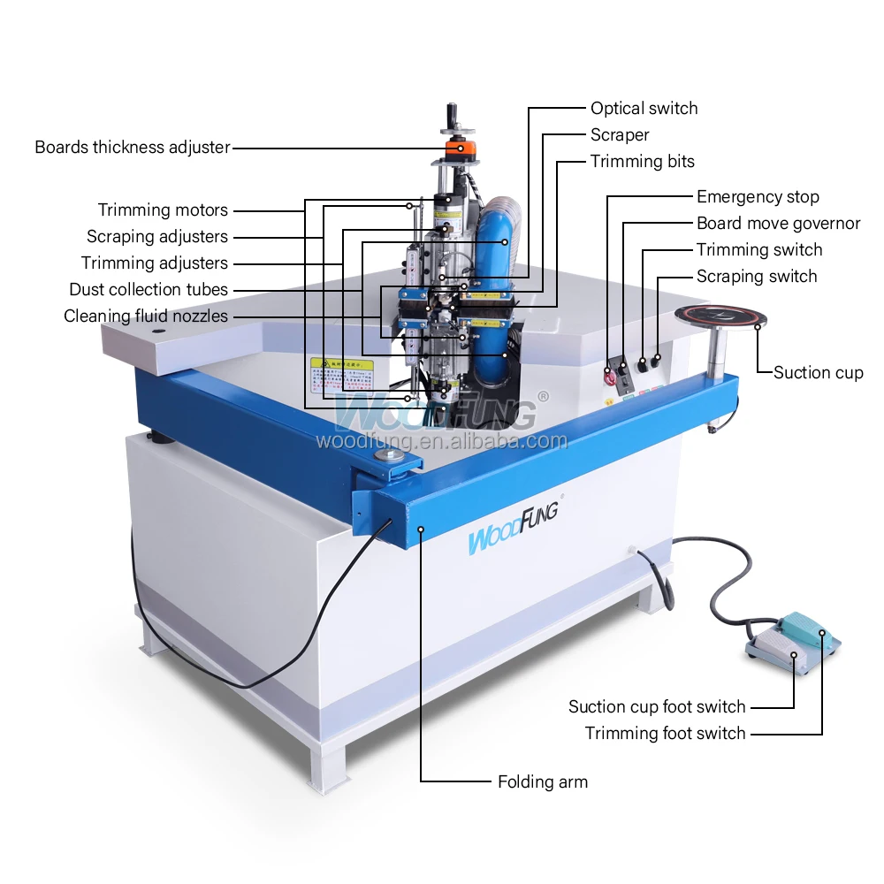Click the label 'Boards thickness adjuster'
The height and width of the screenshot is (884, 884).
[133, 148]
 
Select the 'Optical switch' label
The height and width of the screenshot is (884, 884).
[644, 109]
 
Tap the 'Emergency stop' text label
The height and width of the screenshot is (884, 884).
[758, 197]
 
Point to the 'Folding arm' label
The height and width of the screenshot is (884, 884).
[542, 781]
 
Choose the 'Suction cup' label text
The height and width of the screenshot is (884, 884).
[818, 372]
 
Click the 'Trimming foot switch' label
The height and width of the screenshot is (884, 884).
[665, 734]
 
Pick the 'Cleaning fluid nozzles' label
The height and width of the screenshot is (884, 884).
[146, 316]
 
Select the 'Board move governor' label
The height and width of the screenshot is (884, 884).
[778, 224]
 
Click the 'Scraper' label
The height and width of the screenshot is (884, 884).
[620, 135]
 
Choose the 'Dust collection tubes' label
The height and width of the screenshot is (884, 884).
[149, 290]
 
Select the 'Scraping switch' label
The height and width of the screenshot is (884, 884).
[756, 277]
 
